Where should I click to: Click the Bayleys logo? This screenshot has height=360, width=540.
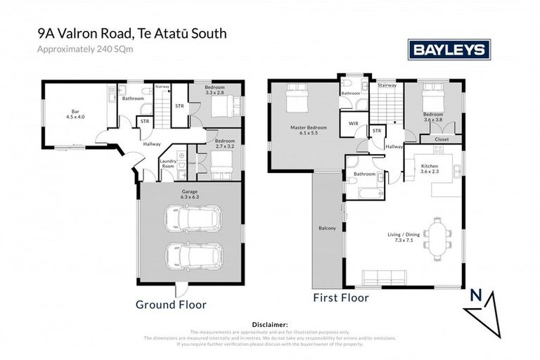449,49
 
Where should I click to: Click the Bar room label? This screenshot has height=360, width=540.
70,113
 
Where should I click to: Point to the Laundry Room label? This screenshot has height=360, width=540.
168,163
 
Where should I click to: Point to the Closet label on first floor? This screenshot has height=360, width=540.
441,139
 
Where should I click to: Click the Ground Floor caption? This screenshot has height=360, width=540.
171,305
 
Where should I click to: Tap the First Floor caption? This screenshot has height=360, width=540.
340,297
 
